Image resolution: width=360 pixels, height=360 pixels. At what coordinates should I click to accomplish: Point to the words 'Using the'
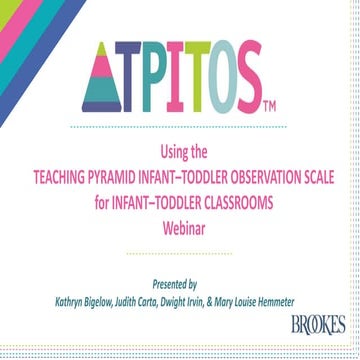coord(180,152)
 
